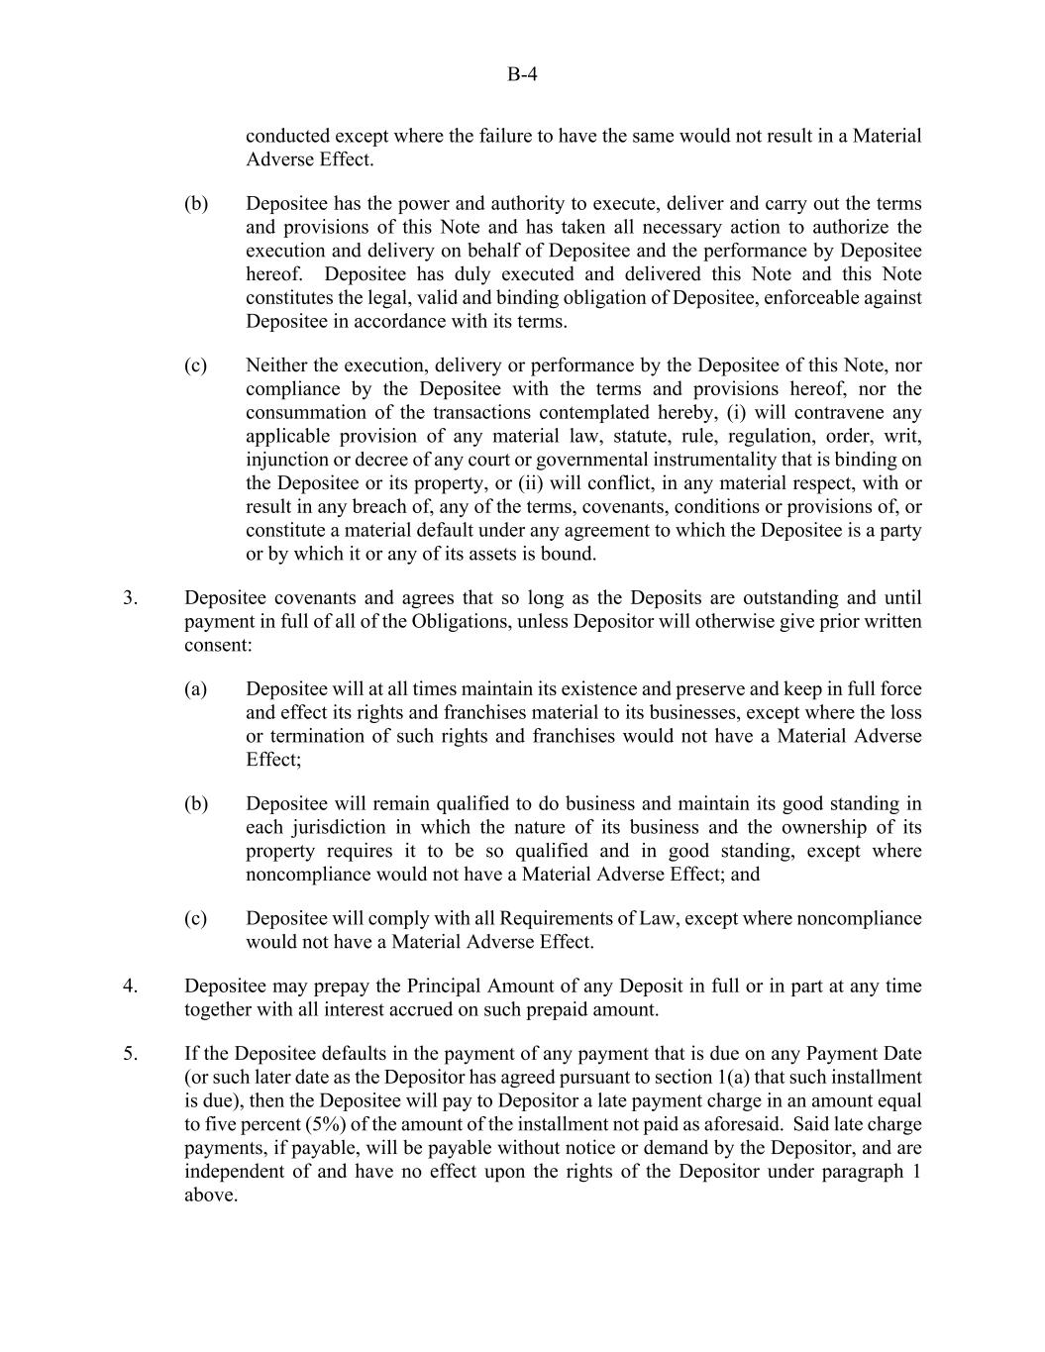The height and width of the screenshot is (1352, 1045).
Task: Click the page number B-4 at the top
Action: point(522,73)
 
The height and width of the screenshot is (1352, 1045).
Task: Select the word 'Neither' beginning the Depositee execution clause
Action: point(276,365)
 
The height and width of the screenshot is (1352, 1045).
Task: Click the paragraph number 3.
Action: point(130,598)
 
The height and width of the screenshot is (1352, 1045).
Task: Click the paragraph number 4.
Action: point(130,987)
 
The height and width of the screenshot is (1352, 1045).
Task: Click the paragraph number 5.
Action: point(130,1054)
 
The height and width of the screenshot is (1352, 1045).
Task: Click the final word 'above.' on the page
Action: point(211,1196)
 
